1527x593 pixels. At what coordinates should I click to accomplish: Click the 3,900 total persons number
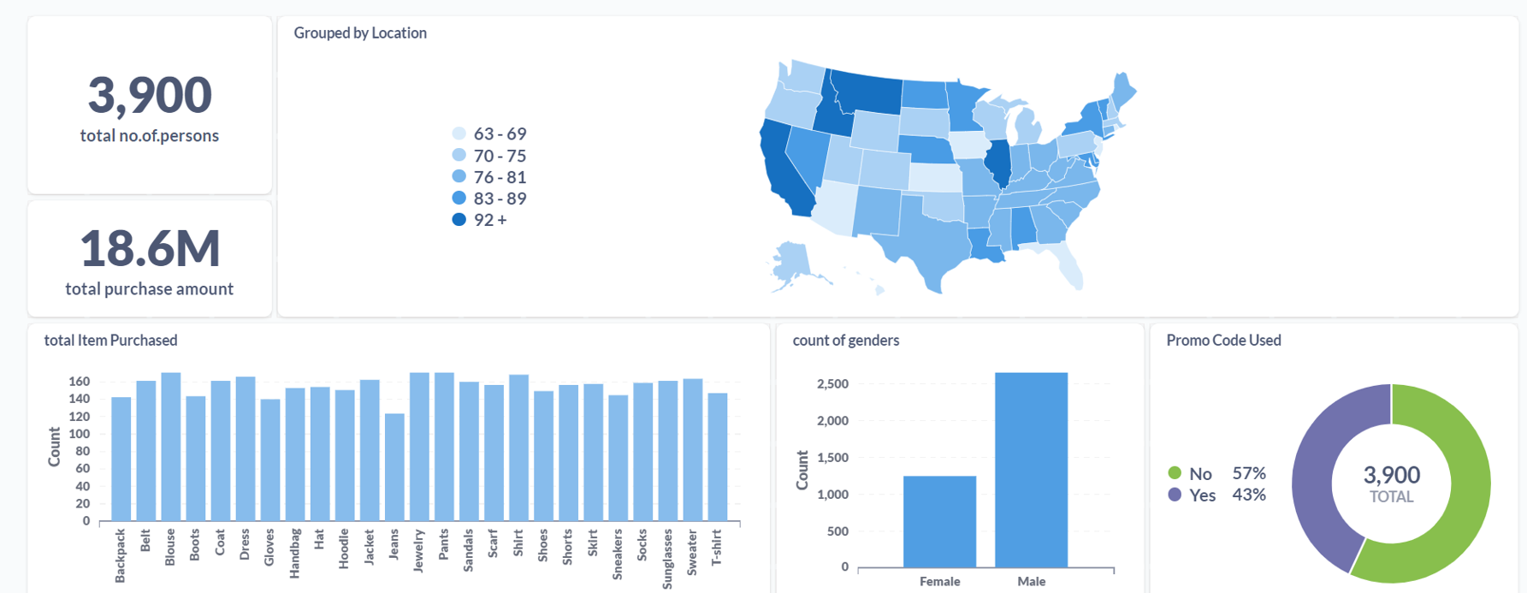(150, 95)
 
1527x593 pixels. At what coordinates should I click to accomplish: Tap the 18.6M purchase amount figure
(150, 248)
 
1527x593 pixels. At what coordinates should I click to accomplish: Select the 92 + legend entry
(482, 220)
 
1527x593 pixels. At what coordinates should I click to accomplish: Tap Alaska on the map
(792, 261)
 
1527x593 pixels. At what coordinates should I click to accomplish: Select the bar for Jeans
(394, 467)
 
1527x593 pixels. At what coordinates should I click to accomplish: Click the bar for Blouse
(170, 447)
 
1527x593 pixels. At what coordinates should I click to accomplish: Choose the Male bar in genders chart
(1031, 470)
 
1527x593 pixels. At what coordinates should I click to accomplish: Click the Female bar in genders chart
(939, 521)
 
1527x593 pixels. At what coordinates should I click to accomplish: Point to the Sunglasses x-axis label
(667, 559)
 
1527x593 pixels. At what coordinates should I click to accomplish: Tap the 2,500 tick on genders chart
(832, 384)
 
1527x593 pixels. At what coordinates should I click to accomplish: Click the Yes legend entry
(1193, 495)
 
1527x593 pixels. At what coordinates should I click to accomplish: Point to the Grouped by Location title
(360, 33)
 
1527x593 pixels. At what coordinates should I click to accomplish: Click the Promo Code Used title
(1223, 341)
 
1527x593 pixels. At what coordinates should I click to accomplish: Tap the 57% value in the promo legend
(1248, 473)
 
